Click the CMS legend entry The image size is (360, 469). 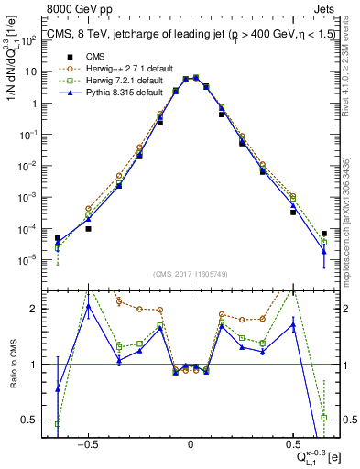83,56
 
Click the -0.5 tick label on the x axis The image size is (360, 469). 87,442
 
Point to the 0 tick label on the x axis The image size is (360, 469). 190,442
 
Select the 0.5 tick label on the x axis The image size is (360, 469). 291,442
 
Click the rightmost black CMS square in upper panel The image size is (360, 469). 323,233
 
